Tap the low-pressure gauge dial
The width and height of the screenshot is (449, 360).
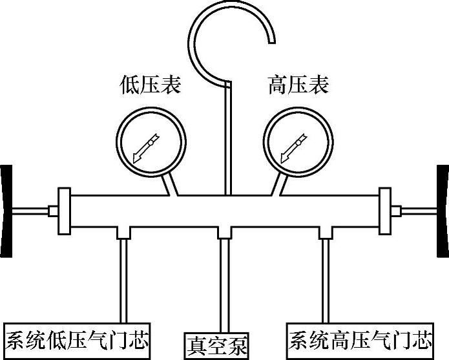(151, 140)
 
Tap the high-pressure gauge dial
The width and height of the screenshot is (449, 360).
(298, 140)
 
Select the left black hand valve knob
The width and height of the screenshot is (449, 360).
(6, 210)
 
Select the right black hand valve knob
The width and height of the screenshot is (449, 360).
(443, 210)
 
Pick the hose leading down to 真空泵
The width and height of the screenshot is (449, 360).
(224, 284)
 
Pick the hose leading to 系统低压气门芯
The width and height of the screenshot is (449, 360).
(123, 278)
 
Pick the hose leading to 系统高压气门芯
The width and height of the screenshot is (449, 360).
(325, 278)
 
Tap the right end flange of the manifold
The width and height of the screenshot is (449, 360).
(386, 211)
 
